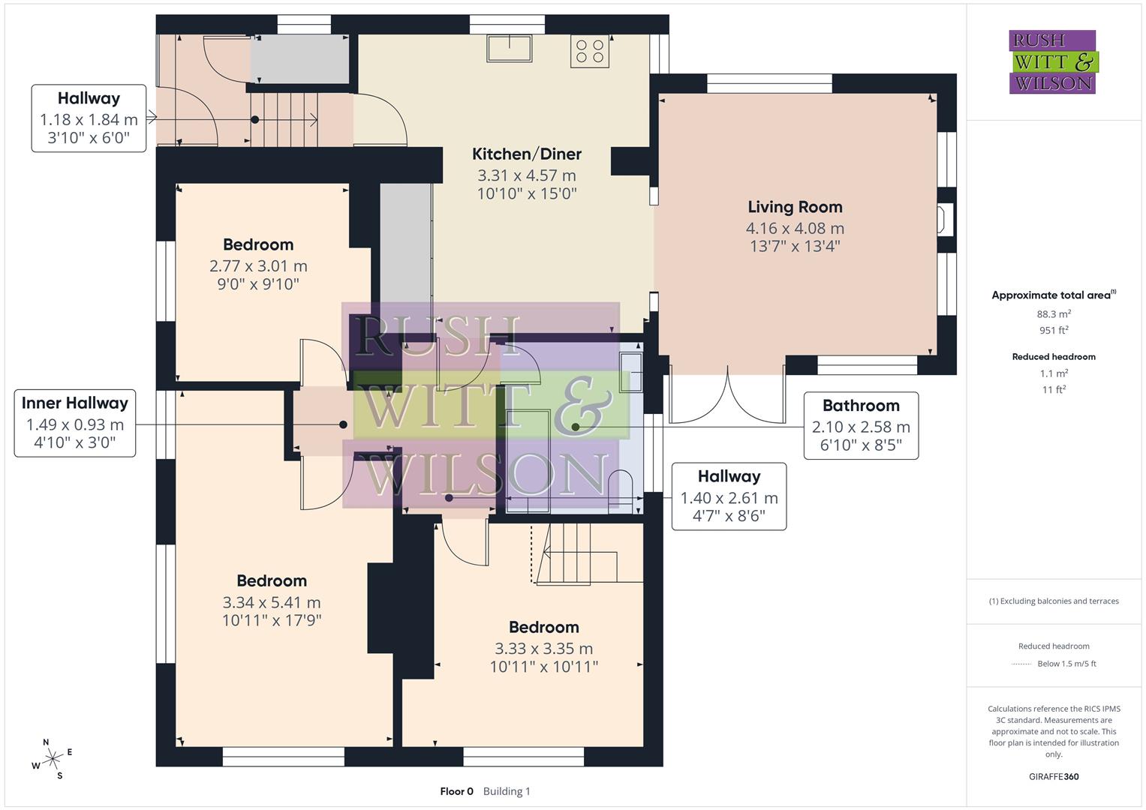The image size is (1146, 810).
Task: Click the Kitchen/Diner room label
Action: (x=526, y=154)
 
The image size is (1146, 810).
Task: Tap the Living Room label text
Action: (x=795, y=207)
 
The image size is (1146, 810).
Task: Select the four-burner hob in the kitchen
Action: (x=589, y=51)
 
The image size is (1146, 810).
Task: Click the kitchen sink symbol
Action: (x=510, y=49)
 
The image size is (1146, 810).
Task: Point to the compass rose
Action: (x=52, y=759)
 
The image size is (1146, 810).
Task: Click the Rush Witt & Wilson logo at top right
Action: (x=1052, y=62)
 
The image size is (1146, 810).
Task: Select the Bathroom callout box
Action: (x=861, y=425)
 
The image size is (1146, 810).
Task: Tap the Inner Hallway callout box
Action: (x=75, y=422)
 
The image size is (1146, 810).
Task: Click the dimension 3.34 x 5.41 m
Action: (x=271, y=602)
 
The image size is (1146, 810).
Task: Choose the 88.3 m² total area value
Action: (x=1054, y=314)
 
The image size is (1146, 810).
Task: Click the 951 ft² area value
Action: (x=1054, y=331)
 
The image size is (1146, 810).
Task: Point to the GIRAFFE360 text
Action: (x=1054, y=776)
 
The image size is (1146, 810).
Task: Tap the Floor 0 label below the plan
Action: (x=456, y=791)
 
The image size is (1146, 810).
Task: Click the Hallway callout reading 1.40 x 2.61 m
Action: (x=729, y=496)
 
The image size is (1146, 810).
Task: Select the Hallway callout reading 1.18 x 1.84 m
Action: (x=89, y=118)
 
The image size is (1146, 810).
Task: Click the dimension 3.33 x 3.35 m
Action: (x=543, y=649)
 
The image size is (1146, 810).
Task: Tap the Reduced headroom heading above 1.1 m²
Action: (x=1054, y=357)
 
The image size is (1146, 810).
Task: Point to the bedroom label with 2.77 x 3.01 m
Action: (x=258, y=245)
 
